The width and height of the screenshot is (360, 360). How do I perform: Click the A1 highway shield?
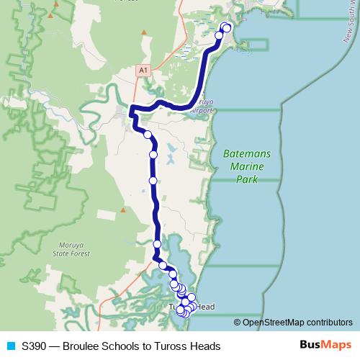coord(143,70)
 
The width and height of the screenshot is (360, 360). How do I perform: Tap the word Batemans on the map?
coord(244,153)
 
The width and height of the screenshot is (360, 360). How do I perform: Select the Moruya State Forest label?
coord(72,249)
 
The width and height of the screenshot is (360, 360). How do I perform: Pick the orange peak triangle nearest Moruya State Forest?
coord(123,211)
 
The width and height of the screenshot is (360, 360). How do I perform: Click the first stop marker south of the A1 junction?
coord(148,135)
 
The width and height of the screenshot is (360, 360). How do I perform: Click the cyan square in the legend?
coord(10,346)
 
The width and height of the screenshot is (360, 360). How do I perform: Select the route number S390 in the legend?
coord(35,346)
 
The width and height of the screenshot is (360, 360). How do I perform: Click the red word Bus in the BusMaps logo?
coord(309,345)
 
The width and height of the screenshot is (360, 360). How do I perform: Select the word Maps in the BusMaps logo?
coord(335,345)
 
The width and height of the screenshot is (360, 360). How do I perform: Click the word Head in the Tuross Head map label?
coord(204,307)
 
